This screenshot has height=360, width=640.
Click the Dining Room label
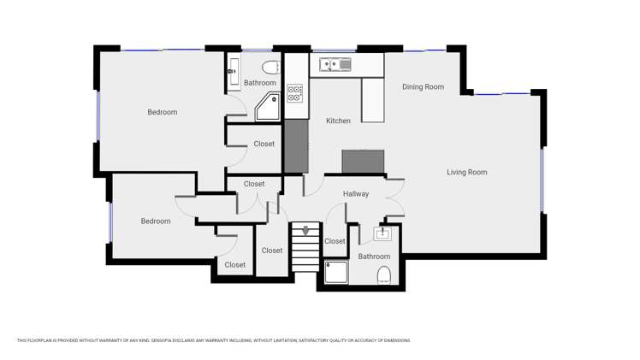[x=423, y=87]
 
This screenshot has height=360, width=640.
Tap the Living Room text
[x=466, y=173]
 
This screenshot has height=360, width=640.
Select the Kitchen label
[x=338, y=121]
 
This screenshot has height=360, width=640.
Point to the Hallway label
[x=356, y=194]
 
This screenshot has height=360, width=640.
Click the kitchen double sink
[x=335, y=65]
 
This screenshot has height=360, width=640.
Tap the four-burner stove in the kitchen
[x=294, y=93]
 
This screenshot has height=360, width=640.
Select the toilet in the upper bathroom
[x=270, y=67]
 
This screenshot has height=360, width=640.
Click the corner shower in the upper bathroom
[x=267, y=107]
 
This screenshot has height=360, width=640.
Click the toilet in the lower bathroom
[x=384, y=274]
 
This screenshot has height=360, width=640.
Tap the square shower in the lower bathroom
[x=336, y=272]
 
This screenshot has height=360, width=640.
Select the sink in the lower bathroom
[x=382, y=233]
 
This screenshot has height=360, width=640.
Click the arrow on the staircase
[x=305, y=231]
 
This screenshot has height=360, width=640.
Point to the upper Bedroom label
[x=162, y=113]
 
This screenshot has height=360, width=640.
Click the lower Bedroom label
[x=156, y=221]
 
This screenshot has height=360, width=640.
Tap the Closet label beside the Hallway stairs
[x=335, y=242]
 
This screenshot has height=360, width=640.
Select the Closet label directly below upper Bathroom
[x=264, y=145]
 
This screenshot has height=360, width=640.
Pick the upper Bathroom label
[x=259, y=83]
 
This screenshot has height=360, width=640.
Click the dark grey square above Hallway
[x=363, y=162]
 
